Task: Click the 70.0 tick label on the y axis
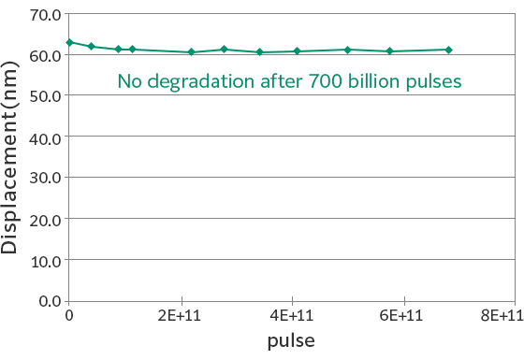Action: click(43, 14)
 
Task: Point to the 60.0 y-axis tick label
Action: click(43, 55)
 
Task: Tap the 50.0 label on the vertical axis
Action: click(43, 95)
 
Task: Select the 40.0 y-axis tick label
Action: click(43, 137)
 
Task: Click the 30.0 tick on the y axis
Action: click(43, 178)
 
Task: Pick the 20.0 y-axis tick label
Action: click(43, 219)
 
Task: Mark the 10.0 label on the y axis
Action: click(43, 259)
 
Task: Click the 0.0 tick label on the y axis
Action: click(47, 300)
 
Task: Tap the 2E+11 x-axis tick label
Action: click(180, 317)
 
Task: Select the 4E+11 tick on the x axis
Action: click(292, 317)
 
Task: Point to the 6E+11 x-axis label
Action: click(403, 317)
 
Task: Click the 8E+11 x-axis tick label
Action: click(502, 317)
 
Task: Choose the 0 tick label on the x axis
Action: click(68, 317)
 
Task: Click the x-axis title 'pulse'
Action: click(291, 341)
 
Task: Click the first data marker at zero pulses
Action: click(69, 42)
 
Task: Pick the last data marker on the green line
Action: click(449, 50)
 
